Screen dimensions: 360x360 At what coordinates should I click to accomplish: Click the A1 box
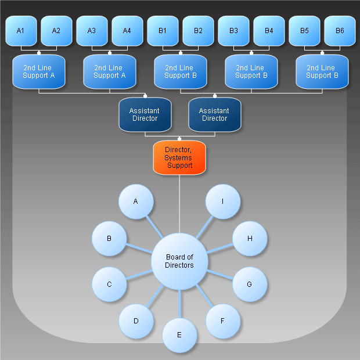point(21,30)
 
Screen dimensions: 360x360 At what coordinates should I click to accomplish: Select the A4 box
point(127,30)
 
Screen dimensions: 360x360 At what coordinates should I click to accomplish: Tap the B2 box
point(198,30)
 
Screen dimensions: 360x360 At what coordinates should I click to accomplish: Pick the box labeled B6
point(340,30)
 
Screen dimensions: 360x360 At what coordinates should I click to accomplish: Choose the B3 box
point(233,30)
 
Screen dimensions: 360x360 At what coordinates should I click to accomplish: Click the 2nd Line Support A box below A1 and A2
point(39,72)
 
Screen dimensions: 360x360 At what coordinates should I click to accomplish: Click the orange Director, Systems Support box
point(179,157)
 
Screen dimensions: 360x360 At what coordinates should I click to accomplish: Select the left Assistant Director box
point(145,114)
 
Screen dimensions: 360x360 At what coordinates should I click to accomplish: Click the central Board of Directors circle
point(179,261)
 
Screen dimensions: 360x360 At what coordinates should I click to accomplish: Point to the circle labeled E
point(179,335)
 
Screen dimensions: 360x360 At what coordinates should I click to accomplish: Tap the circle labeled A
point(136,201)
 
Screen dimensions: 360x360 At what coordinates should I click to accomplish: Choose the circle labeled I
point(223,201)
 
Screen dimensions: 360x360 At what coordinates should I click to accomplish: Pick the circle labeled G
point(250,285)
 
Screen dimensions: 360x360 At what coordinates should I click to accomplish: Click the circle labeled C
point(109,285)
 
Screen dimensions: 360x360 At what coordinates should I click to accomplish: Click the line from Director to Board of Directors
point(179,203)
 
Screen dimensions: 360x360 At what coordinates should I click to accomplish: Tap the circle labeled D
point(136,321)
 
